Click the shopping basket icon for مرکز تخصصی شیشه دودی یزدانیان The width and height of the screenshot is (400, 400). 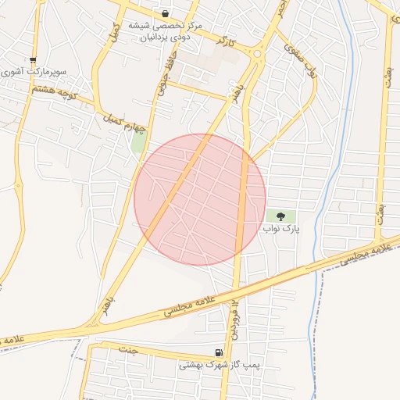point(166,13)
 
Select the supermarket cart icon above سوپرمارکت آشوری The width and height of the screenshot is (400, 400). point(33,59)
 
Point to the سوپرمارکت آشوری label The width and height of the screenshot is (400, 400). point(34,71)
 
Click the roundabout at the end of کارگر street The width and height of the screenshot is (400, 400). point(257,53)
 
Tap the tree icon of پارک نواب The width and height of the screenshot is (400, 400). point(280,216)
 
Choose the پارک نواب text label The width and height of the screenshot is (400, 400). point(280,228)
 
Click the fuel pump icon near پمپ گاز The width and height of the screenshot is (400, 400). point(218,353)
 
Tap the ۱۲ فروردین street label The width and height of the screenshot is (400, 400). point(233,317)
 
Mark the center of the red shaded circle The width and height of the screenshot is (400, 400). point(200,199)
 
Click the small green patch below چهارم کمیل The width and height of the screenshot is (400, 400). point(139,142)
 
